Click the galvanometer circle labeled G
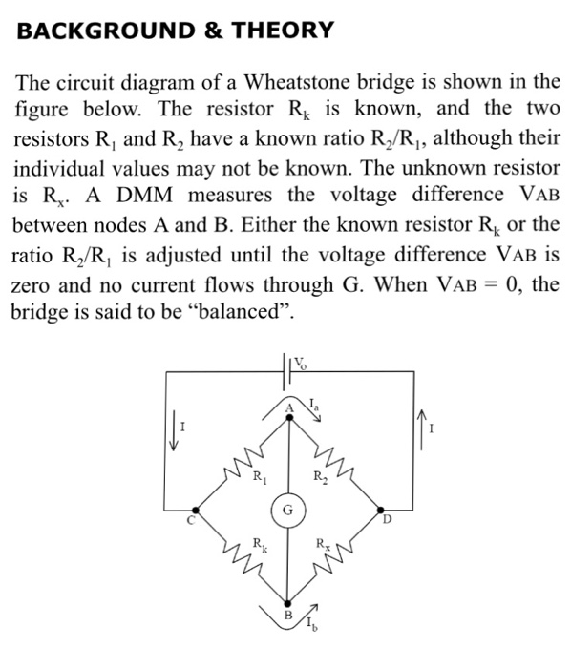point(288,510)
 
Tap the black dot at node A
point(289,418)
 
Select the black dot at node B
point(288,603)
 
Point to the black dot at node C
point(196,510)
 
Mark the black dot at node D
point(381,510)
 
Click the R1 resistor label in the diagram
point(260,477)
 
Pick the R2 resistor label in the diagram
point(321,477)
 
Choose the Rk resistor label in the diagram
point(260,545)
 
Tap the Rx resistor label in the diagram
point(323,545)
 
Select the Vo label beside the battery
point(300,364)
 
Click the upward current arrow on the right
point(421,429)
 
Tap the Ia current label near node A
point(313,404)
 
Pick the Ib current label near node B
point(311,624)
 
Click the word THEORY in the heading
point(283,31)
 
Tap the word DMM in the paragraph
point(145,195)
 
